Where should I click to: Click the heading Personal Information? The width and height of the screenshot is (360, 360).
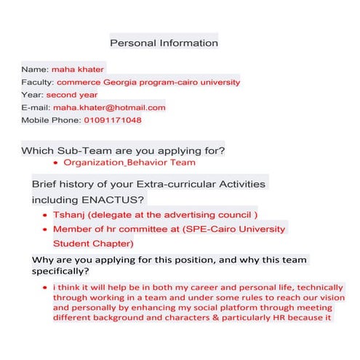click(164, 42)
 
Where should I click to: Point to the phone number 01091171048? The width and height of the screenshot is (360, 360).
click(113, 120)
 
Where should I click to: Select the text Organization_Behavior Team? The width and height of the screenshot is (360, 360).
click(129, 162)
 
